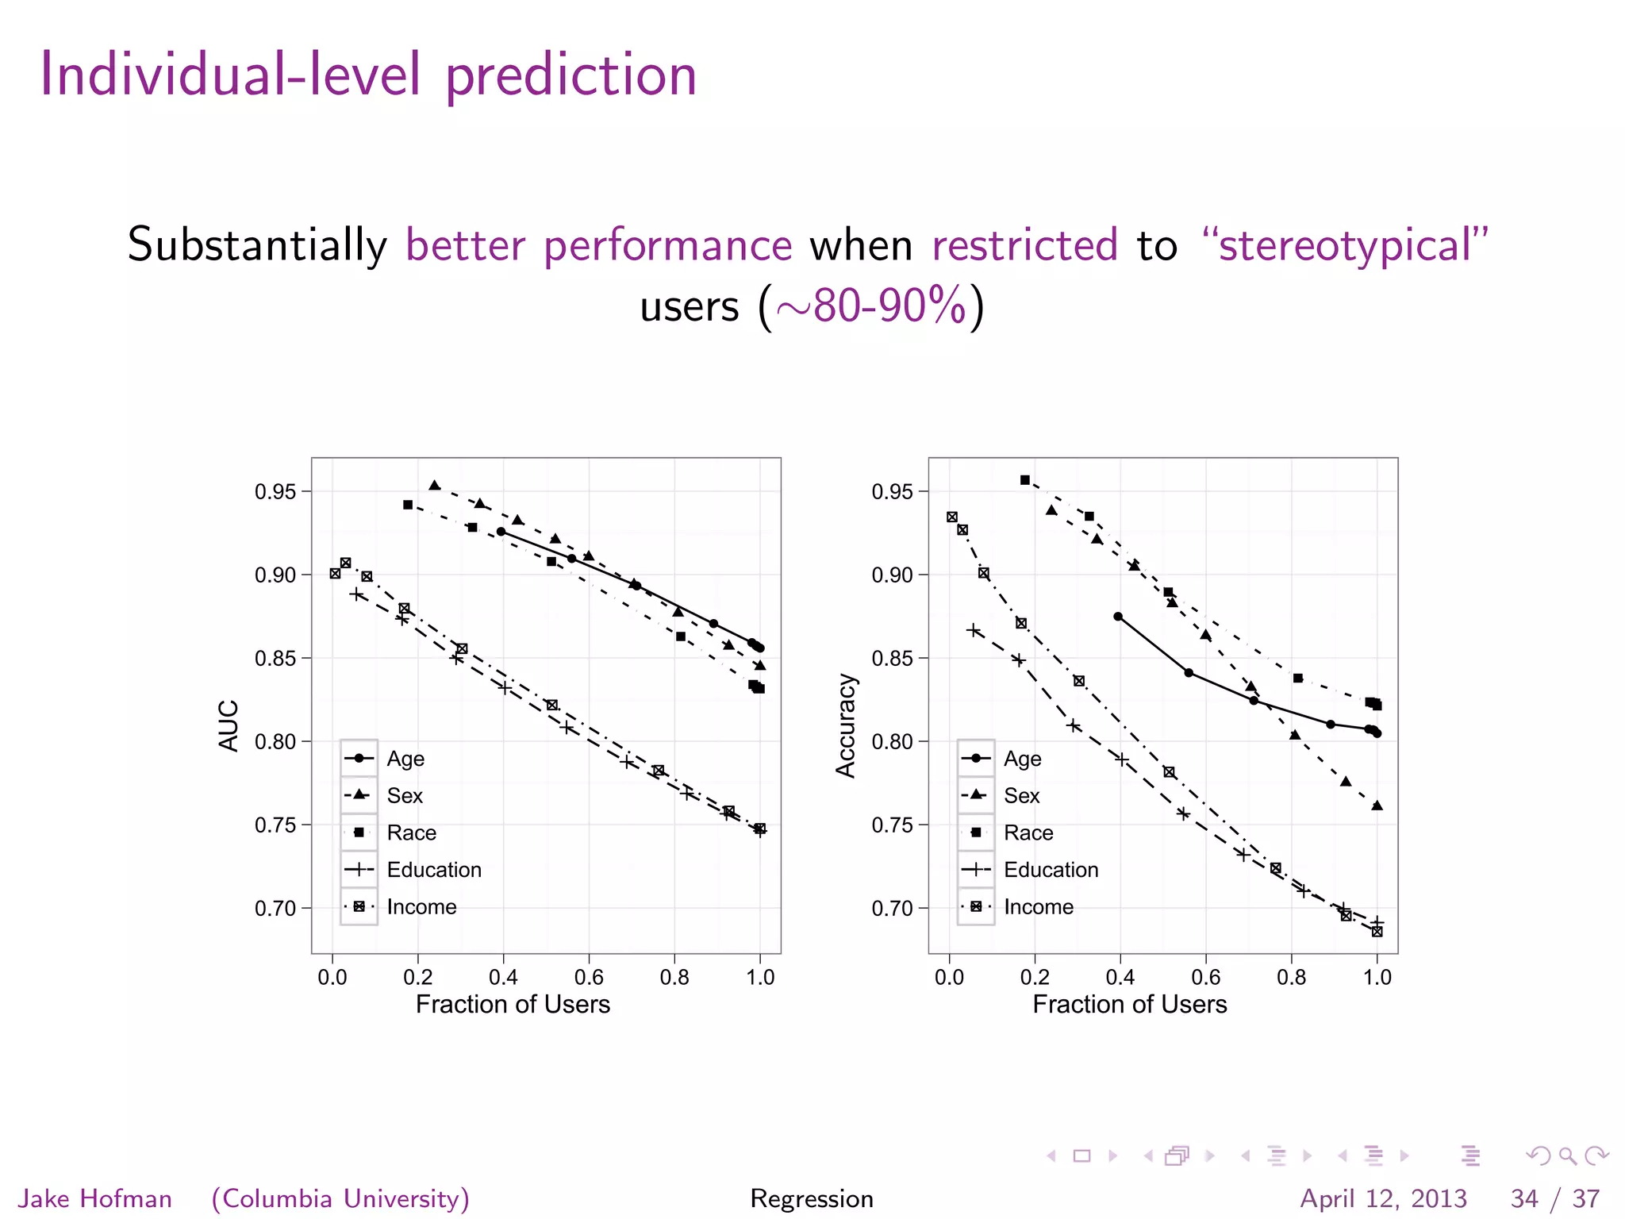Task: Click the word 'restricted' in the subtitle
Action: [x=1024, y=245]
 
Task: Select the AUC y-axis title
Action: [x=229, y=725]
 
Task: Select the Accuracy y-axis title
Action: [x=846, y=725]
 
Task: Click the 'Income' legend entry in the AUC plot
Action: [x=421, y=907]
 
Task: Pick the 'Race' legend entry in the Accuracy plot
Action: [x=1028, y=833]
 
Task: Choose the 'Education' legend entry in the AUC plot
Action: [x=434, y=870]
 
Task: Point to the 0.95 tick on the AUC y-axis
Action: [x=275, y=492]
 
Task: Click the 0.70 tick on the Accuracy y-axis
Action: [x=893, y=909]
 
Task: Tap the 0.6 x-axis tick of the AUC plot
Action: [x=589, y=978]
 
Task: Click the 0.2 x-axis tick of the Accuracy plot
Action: [x=1035, y=978]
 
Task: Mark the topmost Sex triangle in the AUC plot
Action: [x=434, y=486]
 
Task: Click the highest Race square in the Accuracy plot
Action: [x=1025, y=480]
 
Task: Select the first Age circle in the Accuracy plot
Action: [x=1118, y=617]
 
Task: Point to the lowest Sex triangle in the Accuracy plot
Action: [x=1377, y=806]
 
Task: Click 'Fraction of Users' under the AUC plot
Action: [x=513, y=1005]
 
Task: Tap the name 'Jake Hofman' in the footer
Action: [x=95, y=1198]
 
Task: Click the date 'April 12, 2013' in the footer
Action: [x=1383, y=1198]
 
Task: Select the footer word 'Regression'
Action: [x=812, y=1198]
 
